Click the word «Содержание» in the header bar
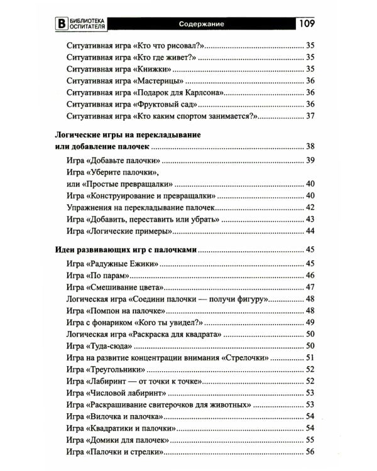point(201,24)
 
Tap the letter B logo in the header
point(61,24)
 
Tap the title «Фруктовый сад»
point(165,104)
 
